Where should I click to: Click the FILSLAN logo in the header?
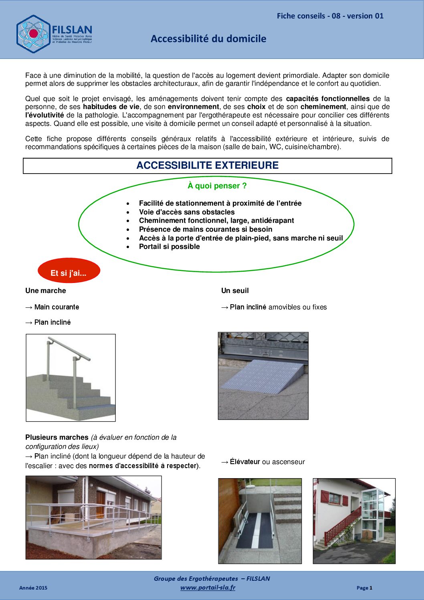(x=54, y=34)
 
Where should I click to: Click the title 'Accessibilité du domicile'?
(x=208, y=39)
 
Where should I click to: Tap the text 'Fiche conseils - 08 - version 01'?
(x=330, y=16)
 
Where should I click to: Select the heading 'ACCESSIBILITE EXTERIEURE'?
(x=207, y=166)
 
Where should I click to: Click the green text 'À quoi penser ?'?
(x=217, y=186)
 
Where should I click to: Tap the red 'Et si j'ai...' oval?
(x=69, y=273)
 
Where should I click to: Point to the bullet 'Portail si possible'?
(x=169, y=247)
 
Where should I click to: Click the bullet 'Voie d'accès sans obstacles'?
(x=187, y=212)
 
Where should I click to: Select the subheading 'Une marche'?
(x=46, y=291)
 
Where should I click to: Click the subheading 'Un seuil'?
(x=235, y=291)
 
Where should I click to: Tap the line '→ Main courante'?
(x=52, y=307)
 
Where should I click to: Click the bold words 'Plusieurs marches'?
(x=57, y=437)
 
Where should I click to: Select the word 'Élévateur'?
(x=245, y=462)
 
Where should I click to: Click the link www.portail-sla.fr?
(x=208, y=588)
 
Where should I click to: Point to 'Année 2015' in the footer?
(x=33, y=588)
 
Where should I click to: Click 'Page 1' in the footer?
(x=364, y=588)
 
